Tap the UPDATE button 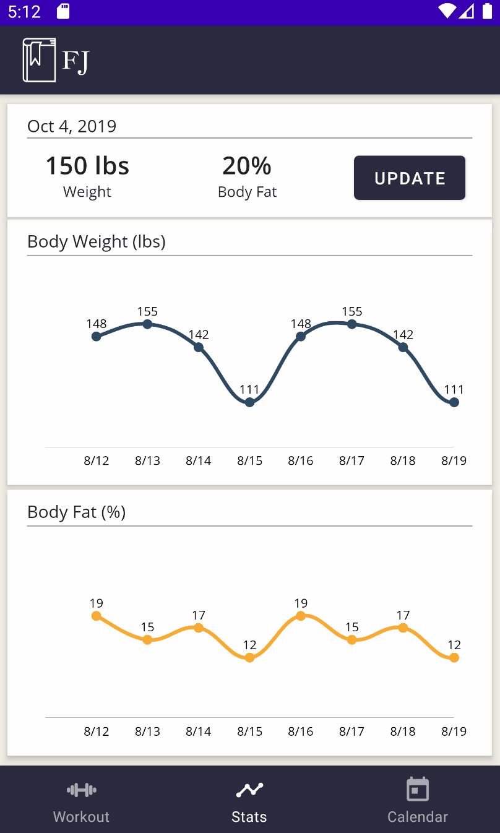(410, 178)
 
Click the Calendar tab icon (418, 790)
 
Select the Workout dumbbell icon (81, 790)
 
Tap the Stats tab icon (249, 790)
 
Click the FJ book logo (39, 60)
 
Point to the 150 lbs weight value (87, 166)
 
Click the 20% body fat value (247, 166)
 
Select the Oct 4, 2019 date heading (72, 126)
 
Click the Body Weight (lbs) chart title (97, 241)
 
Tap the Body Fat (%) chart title (77, 512)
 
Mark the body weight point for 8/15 (249, 402)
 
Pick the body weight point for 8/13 (147, 324)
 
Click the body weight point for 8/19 (454, 402)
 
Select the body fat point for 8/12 (96, 616)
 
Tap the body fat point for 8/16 (301, 616)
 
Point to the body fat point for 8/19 (454, 658)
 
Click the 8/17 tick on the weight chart (351, 460)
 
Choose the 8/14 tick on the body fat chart (199, 732)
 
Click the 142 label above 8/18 (403, 335)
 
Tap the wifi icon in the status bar (447, 11)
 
